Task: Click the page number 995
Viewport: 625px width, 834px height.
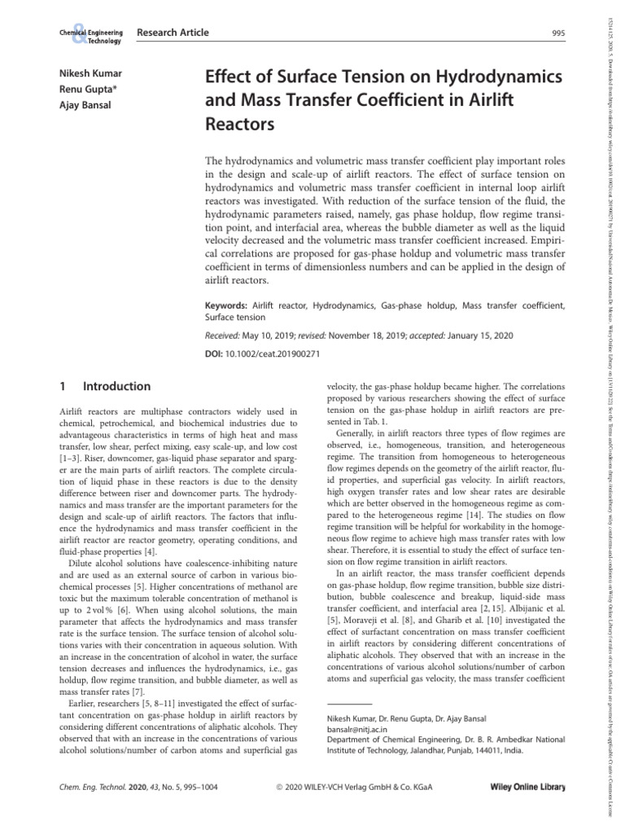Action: pyautogui.click(x=557, y=33)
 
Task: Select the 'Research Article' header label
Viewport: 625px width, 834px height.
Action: pyautogui.click(x=173, y=33)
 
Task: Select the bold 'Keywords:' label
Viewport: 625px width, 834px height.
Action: pyautogui.click(x=226, y=305)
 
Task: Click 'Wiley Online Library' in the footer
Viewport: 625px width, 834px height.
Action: pyautogui.click(x=527, y=788)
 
